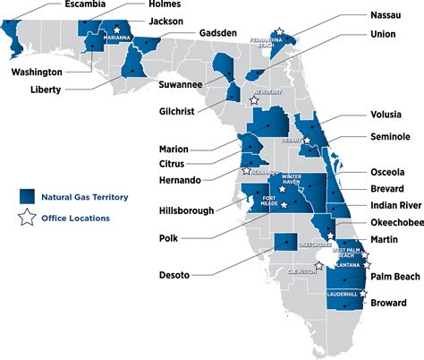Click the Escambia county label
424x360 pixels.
coord(65,5)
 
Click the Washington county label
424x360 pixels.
coord(37,72)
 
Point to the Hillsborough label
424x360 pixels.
coord(183,211)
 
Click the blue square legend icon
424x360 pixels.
coord(27,195)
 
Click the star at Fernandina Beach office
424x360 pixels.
coord(282,32)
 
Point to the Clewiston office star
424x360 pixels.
coord(318,266)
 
